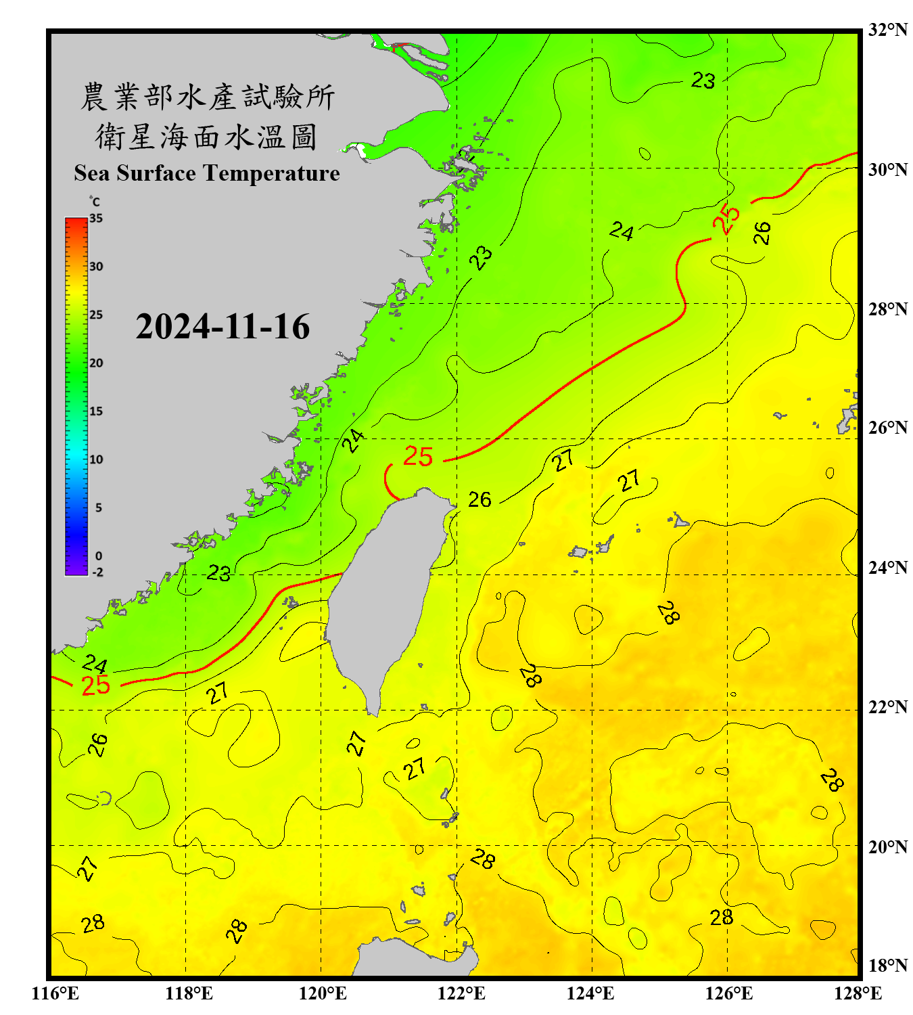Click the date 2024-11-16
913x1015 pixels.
point(223,327)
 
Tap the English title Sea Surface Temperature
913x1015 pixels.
point(207,173)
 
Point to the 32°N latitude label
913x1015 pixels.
point(888,30)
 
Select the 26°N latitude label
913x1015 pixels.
point(888,428)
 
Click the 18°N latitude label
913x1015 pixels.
point(888,966)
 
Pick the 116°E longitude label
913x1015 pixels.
point(55,993)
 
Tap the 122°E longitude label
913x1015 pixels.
point(461,993)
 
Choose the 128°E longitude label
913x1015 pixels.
point(858,993)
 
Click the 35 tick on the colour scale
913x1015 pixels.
point(96,219)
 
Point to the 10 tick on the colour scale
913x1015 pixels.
point(96,459)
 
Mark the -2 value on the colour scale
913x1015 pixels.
point(97,572)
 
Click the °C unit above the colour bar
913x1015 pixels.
point(94,202)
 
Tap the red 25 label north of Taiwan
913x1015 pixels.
point(418,457)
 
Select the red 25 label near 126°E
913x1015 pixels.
point(726,219)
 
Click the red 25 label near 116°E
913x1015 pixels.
point(95,685)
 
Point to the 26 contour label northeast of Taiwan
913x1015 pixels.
point(479,499)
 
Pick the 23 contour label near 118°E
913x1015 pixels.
point(218,573)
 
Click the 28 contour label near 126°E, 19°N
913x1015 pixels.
point(722,918)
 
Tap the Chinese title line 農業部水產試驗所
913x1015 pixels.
point(207,97)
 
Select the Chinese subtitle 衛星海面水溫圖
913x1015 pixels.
point(207,137)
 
